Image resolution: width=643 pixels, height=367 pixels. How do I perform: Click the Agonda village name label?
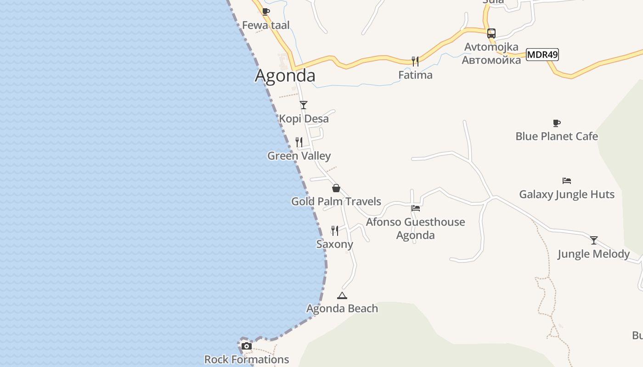pos(285,76)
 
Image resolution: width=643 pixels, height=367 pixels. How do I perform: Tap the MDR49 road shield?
pos(542,55)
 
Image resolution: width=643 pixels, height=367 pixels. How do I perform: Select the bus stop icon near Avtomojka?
pos(491,33)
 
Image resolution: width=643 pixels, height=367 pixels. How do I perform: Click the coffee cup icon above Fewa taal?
pos(265,11)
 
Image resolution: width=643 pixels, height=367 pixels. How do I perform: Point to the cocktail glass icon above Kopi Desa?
pos(303,105)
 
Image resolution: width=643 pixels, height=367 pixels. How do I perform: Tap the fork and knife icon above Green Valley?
pos(299,142)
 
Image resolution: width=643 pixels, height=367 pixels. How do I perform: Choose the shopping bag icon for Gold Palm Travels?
pos(336,188)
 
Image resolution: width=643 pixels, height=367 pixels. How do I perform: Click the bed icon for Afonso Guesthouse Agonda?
pos(416,208)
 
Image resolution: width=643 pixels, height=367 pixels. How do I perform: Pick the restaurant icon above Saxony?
pos(335,230)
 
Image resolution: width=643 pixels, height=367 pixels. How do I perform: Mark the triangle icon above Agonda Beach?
pos(342,295)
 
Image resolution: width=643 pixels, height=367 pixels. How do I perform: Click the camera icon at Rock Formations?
pos(247,346)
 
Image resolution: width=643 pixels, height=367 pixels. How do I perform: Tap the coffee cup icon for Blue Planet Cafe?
pos(557,123)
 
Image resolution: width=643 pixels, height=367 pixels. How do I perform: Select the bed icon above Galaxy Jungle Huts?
pos(567,181)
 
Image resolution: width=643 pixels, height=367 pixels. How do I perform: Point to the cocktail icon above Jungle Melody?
pos(593,240)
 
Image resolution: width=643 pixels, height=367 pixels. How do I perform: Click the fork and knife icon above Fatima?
pos(415,61)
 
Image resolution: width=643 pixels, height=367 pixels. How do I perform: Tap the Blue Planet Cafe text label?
pos(557,136)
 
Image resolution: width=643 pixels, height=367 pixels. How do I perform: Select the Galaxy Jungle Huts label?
pos(567,194)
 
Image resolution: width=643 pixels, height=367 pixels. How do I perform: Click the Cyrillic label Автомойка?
pos(491,60)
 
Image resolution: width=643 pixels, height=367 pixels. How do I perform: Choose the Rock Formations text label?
pos(247,359)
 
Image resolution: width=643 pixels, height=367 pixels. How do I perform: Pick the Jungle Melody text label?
pos(593,254)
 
